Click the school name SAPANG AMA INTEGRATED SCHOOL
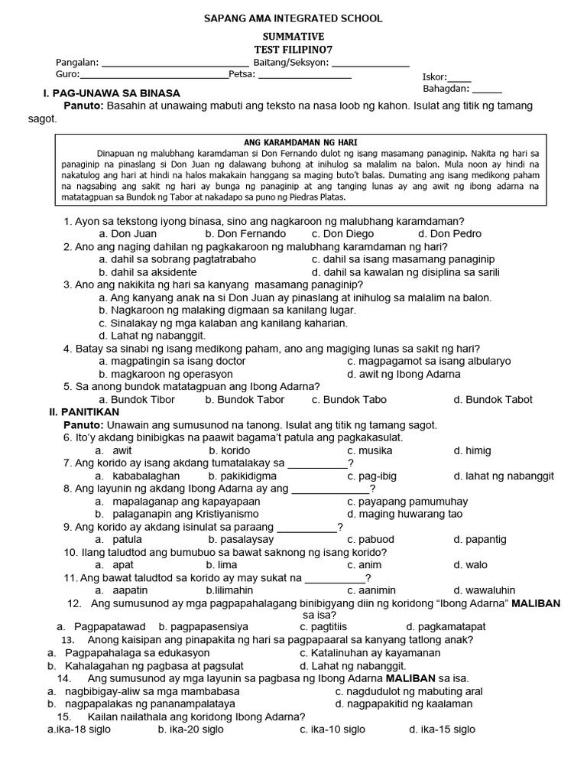[293, 18]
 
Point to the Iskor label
[434, 77]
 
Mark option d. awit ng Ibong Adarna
[404, 374]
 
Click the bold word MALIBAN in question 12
[535, 603]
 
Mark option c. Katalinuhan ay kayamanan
[370, 653]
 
